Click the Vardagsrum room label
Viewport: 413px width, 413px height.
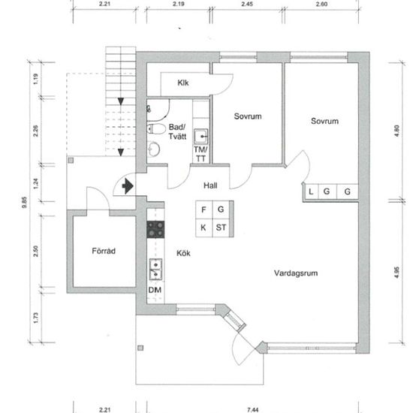tap(296, 273)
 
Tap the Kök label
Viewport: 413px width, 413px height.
tap(183, 253)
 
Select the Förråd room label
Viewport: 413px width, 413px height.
tap(104, 251)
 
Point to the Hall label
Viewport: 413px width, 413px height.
tap(210, 185)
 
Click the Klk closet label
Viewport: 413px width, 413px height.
tap(183, 83)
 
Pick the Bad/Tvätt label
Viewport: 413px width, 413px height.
tap(177, 131)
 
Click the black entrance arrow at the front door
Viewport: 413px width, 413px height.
tap(128, 186)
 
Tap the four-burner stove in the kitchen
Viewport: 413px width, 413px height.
tap(155, 230)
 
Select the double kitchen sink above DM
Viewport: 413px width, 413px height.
tap(155, 269)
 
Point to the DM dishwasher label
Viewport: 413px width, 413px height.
tap(155, 290)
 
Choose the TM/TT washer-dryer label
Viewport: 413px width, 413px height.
tap(200, 154)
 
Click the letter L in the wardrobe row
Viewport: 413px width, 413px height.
tap(311, 191)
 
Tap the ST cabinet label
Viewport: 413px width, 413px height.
tap(221, 228)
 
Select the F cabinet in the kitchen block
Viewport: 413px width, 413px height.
tap(203, 210)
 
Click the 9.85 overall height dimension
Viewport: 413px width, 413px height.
tap(25, 202)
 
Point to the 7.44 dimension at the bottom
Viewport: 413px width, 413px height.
tap(252, 409)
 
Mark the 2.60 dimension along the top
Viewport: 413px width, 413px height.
tap(321, 4)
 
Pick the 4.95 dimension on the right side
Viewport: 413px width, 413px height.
tap(397, 273)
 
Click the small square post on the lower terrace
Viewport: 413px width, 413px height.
tap(140, 348)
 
